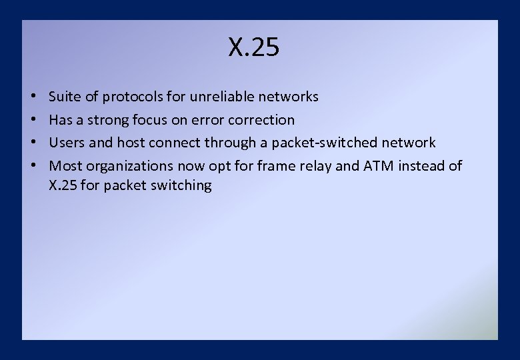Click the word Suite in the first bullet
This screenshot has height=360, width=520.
(x=64, y=97)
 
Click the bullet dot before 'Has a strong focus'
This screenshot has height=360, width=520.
(x=33, y=121)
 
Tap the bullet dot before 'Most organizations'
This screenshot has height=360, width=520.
(x=33, y=166)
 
